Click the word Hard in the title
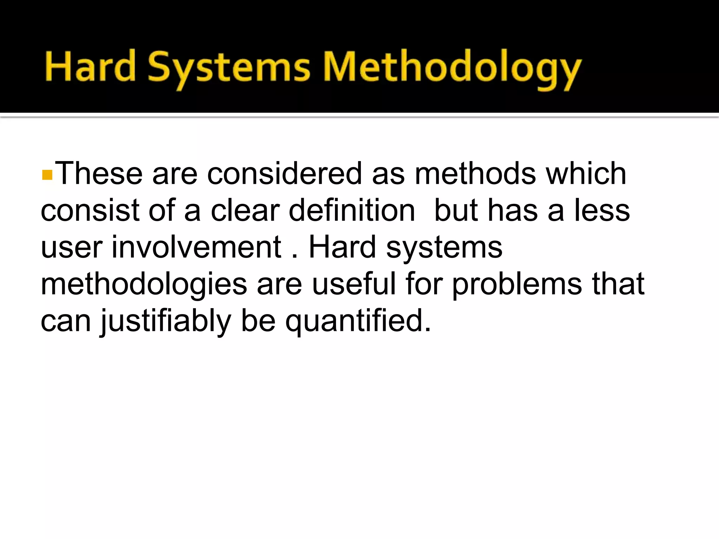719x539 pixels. click(90, 67)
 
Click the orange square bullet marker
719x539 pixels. click(47, 175)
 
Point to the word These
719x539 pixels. click(99, 173)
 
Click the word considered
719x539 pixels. click(284, 173)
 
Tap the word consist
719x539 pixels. click(89, 210)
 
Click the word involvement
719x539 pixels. click(196, 247)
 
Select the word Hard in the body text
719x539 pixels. click(342, 247)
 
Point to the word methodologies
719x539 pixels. click(144, 284)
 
